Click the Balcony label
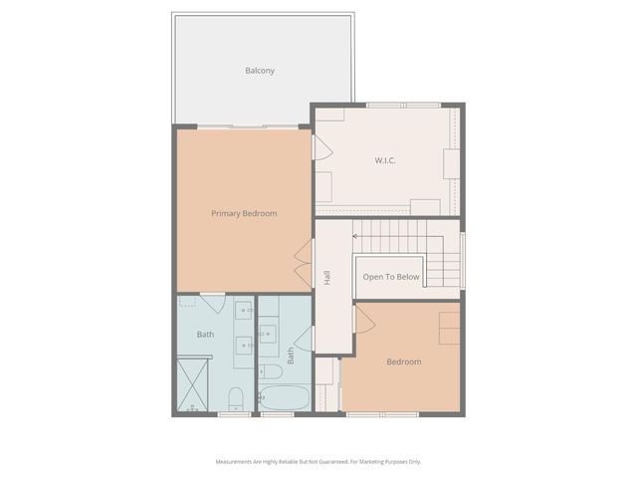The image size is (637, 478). (x=260, y=71)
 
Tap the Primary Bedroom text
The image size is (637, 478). (x=244, y=213)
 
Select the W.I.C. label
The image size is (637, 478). (x=386, y=160)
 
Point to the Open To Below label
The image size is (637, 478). (x=391, y=277)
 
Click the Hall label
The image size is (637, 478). (x=326, y=278)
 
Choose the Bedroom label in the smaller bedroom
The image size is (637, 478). (x=404, y=361)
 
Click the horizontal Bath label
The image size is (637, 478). (x=205, y=334)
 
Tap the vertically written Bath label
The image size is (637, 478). (x=291, y=354)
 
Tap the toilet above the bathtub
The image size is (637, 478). (x=270, y=371)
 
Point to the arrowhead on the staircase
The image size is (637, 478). (x=355, y=237)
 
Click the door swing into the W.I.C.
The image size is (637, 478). (x=321, y=147)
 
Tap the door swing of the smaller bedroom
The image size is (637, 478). (x=363, y=320)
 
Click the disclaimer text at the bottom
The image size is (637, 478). (x=318, y=461)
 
